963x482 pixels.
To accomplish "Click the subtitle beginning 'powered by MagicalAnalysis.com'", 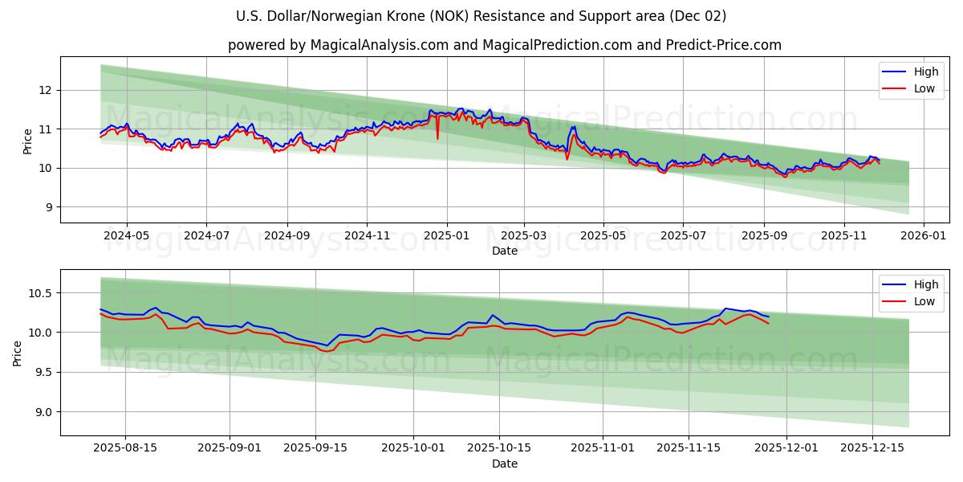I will (x=504, y=45).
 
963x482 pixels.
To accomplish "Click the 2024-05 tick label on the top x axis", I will (x=127, y=236).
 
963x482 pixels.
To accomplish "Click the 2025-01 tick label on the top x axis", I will (x=445, y=236).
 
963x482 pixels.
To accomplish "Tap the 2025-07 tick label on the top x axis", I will (x=683, y=236).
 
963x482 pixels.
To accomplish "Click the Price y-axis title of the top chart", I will (x=28, y=141).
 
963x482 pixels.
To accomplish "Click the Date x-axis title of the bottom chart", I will (x=504, y=464).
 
